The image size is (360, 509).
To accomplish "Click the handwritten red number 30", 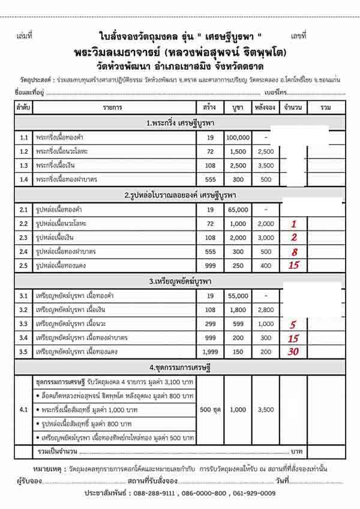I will pos(293,351).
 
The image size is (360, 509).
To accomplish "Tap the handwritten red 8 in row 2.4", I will pos(294,251).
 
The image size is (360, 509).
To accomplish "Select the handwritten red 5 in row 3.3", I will pos(293,325).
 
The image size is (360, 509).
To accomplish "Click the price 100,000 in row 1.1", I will pos(238,137).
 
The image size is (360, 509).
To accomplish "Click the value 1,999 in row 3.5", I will pos(211,352).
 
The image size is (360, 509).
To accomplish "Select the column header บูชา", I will pos(238,107).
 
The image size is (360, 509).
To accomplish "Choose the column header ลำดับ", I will pos(24,107).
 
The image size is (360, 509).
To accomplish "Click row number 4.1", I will pos(24,410).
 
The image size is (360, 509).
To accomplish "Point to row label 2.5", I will pos(24,265).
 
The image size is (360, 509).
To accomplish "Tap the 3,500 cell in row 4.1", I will pos(265,410).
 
